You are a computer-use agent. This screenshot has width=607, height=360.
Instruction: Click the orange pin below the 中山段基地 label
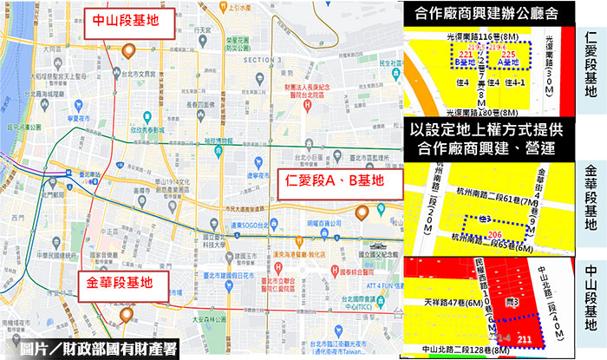(x=128, y=50)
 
